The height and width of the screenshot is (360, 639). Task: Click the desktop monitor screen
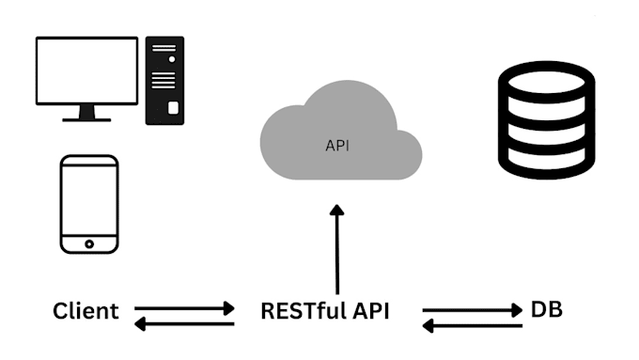[x=86, y=70]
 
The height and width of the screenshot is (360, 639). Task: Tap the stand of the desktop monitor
[x=86, y=113]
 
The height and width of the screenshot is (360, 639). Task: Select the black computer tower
[x=164, y=81]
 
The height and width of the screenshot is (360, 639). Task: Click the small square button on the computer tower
[x=173, y=108]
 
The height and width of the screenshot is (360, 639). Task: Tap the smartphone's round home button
[x=89, y=243]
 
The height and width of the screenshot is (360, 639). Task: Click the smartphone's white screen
[x=89, y=202]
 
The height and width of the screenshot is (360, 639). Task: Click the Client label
[x=86, y=311]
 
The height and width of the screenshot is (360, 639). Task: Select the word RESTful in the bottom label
[x=300, y=311]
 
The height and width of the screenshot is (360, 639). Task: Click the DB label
[x=547, y=309]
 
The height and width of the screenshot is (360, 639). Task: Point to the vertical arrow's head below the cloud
[x=336, y=212]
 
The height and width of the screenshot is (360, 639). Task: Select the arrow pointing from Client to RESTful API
[x=184, y=307]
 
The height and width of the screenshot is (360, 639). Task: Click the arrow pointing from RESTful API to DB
[x=472, y=308]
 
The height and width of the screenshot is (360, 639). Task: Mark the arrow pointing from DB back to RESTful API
[x=472, y=325]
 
